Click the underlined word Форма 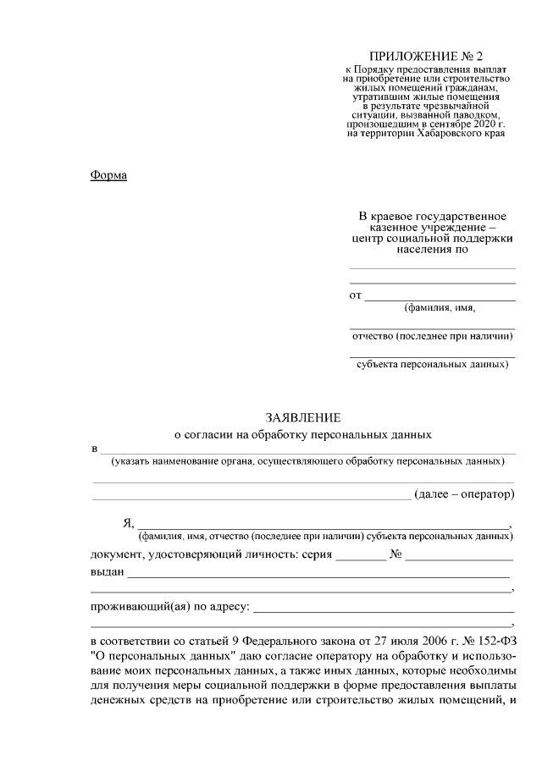(x=108, y=175)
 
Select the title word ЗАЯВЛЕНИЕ (x=302, y=417)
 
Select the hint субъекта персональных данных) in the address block (x=432, y=365)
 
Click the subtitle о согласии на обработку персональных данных (x=302, y=434)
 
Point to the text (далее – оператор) (x=464, y=493)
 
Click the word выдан (x=107, y=572)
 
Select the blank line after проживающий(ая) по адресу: (x=384, y=608)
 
